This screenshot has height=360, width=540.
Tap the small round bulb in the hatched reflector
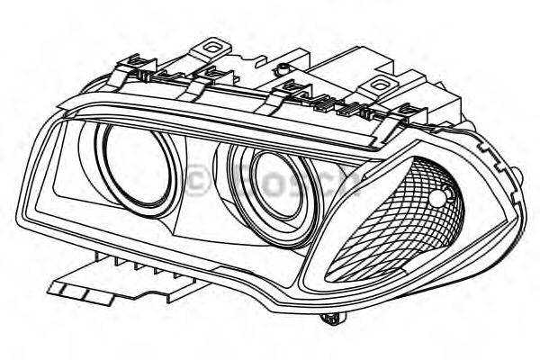tap(438, 198)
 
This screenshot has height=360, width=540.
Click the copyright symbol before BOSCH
tap(200, 181)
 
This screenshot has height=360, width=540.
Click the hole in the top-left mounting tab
tap(214, 42)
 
